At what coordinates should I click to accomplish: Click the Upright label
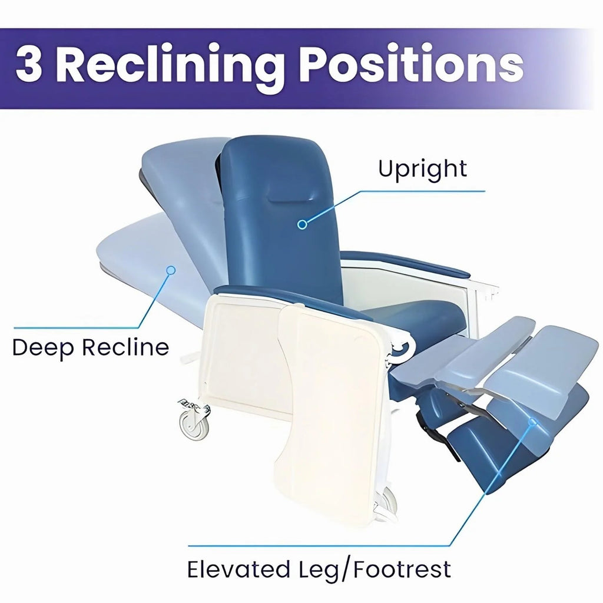tap(422, 169)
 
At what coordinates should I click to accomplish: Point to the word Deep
tap(43, 348)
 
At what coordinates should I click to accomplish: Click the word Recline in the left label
tap(125, 347)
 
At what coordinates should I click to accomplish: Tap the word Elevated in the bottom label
tap(238, 569)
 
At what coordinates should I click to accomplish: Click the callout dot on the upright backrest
tap(302, 224)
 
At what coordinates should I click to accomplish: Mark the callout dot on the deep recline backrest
tap(171, 270)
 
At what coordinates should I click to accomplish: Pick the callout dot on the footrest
tap(532, 422)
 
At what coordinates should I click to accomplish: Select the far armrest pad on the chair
tap(406, 263)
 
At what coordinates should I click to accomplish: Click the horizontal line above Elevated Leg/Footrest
tap(319, 545)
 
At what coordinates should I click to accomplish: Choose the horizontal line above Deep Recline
tap(76, 327)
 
